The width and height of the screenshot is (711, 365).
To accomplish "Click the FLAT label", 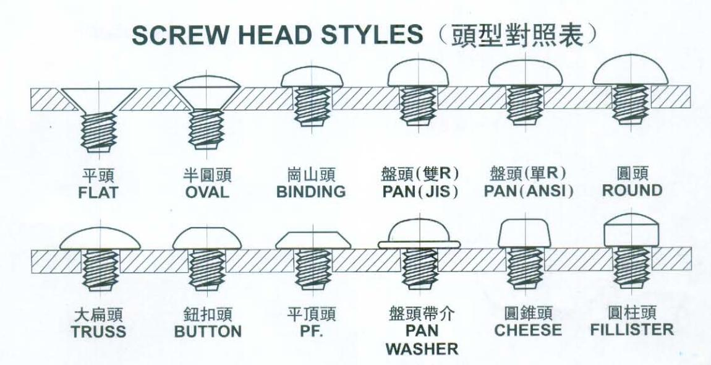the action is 98,192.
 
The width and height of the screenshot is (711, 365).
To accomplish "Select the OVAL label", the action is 207,192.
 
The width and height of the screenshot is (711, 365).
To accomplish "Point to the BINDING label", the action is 311,192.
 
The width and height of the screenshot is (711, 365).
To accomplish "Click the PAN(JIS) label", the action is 420,191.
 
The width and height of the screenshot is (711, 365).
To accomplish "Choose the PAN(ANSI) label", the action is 529,191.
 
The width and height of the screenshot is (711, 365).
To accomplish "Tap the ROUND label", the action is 632,190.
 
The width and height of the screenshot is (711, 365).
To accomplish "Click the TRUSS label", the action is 98,332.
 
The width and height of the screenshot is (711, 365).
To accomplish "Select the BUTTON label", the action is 208,332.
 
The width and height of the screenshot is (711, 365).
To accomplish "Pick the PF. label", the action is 312,331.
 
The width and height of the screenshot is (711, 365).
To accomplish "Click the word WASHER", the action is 422,349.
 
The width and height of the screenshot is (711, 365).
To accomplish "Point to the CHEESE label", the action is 528,330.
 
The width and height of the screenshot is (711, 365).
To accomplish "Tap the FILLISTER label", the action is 632,330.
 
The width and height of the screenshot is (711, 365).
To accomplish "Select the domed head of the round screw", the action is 630,71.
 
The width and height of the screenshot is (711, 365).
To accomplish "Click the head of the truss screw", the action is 100,239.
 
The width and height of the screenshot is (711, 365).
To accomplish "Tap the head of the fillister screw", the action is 632,230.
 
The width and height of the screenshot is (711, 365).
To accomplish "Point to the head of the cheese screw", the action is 525,233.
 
